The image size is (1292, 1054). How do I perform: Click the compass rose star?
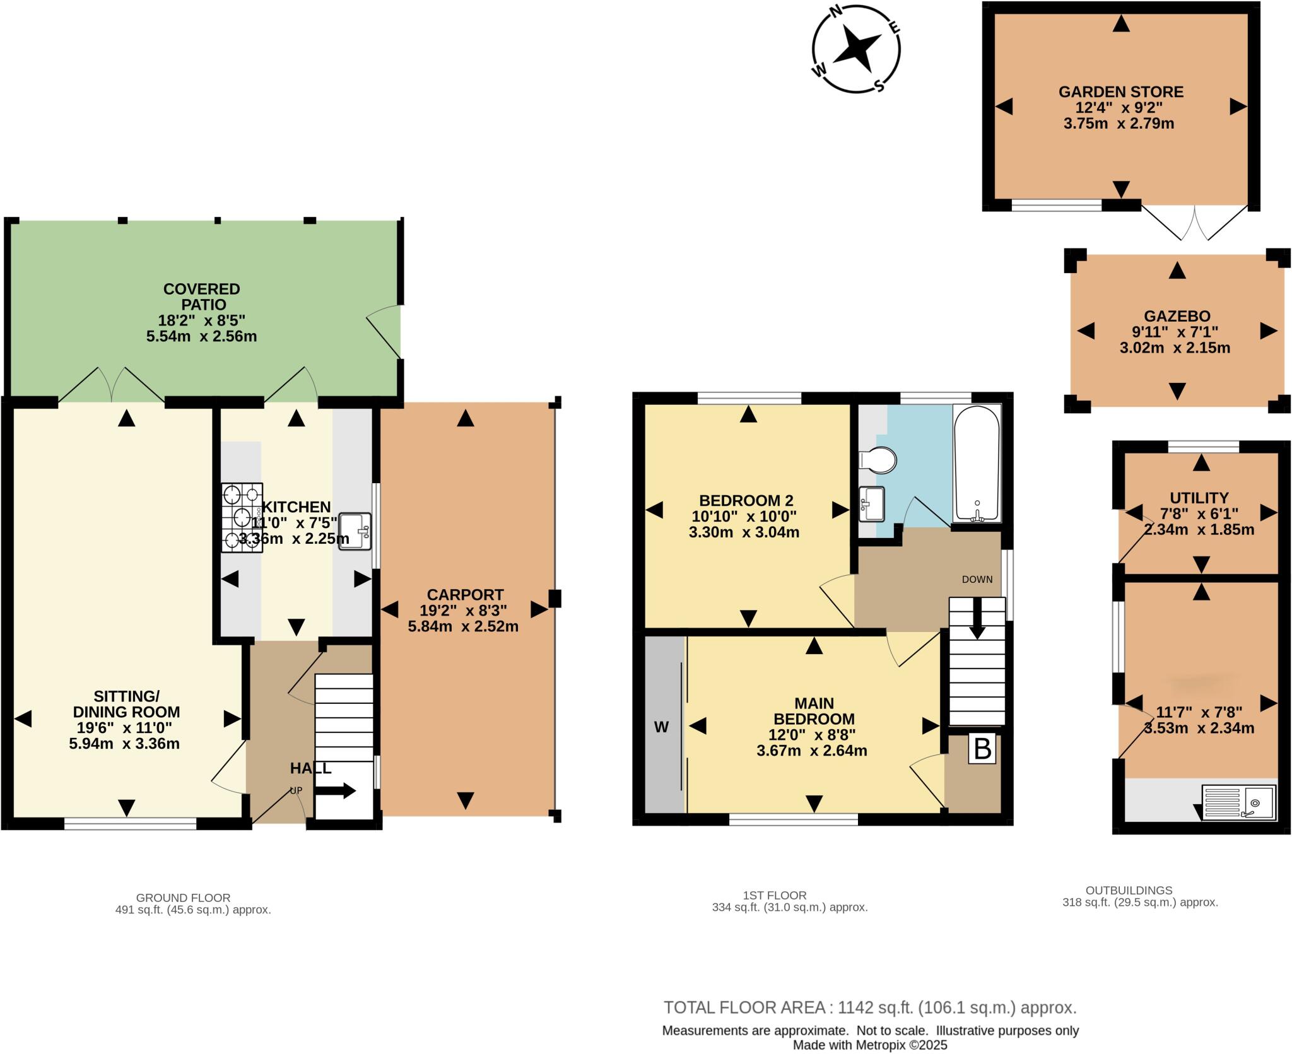pyautogui.click(x=856, y=48)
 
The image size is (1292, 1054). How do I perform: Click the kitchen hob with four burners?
pyautogui.click(x=242, y=517)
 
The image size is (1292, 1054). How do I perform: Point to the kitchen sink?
pyautogui.click(x=355, y=531)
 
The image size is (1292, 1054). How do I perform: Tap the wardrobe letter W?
pyautogui.click(x=661, y=727)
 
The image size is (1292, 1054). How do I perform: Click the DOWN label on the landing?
pyautogui.click(x=977, y=579)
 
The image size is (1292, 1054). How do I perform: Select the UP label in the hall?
pyautogui.click(x=296, y=790)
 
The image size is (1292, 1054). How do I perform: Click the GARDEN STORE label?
pyautogui.click(x=1120, y=92)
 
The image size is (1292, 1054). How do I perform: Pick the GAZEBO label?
pyautogui.click(x=1177, y=316)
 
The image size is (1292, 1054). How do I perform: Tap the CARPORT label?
pyautogui.click(x=465, y=595)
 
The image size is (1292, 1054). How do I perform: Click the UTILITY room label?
pyautogui.click(x=1199, y=498)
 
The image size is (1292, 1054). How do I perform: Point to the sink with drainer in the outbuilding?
pyautogui.click(x=1238, y=802)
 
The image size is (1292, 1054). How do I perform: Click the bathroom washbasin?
pyautogui.click(x=872, y=503)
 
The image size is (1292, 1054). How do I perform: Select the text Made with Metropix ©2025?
pyautogui.click(x=870, y=1045)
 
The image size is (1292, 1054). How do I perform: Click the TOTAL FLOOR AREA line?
pyautogui.click(x=870, y=1007)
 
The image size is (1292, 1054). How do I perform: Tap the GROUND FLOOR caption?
pyautogui.click(x=183, y=898)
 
